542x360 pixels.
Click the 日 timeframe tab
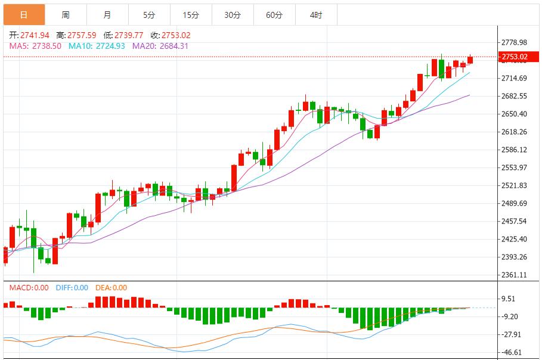[23, 15]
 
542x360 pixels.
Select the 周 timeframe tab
[65, 15]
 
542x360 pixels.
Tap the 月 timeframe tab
[107, 15]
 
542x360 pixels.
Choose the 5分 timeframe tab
[148, 15]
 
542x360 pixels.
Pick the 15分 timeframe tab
[191, 15]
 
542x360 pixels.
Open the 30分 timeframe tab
[233, 15]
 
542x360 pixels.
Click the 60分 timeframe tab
[274, 15]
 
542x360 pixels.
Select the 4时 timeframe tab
[316, 15]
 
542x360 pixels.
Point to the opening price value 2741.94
[35, 35]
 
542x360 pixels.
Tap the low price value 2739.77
[128, 35]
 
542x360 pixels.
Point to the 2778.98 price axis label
[514, 42]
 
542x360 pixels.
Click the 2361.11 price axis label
[514, 275]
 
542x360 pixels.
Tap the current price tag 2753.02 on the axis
[514, 57]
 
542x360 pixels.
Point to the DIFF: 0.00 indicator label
[72, 288]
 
